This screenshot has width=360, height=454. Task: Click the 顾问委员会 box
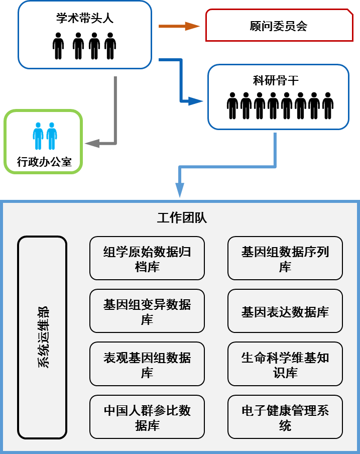click(x=278, y=26)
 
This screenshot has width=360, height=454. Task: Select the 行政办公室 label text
click(x=44, y=162)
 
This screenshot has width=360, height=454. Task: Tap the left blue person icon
click(x=38, y=135)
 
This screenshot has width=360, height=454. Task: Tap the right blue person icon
click(x=51, y=135)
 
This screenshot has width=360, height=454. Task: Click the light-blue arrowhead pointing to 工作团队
click(x=180, y=191)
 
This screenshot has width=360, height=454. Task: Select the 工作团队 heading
click(x=182, y=218)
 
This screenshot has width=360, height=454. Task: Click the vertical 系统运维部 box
click(x=42, y=337)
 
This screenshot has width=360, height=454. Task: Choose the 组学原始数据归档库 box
click(x=147, y=258)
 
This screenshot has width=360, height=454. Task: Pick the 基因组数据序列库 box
click(x=285, y=258)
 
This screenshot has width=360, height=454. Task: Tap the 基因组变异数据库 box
click(x=147, y=311)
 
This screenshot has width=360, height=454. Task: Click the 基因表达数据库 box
click(x=285, y=311)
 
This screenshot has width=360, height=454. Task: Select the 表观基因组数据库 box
click(x=147, y=364)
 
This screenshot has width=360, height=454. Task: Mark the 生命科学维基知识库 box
click(x=285, y=364)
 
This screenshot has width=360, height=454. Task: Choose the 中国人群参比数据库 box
click(x=147, y=417)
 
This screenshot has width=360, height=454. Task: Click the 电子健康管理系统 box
click(x=285, y=417)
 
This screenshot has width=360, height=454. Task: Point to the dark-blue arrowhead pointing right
click(x=195, y=102)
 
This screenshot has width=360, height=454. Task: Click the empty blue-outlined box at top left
click(x=84, y=35)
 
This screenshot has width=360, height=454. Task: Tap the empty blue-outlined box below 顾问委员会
click(x=278, y=97)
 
